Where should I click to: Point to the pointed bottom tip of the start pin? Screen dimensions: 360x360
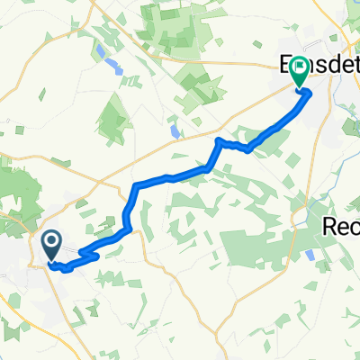[50, 263]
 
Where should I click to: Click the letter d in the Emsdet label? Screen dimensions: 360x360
[319, 67]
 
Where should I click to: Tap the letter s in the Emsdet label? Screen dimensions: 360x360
[307, 67]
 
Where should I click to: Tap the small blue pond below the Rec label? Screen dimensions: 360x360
[311, 256]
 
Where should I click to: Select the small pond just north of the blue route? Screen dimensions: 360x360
[172, 130]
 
